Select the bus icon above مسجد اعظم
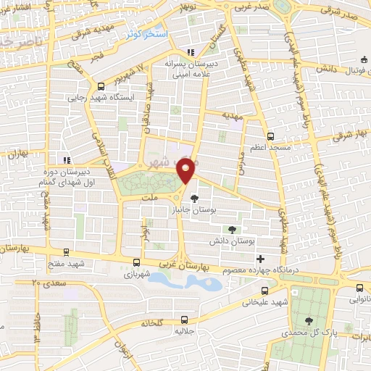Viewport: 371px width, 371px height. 270,136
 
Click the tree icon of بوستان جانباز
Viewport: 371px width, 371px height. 193,198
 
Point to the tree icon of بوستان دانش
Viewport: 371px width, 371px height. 232,229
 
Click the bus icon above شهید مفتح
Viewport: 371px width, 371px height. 67,253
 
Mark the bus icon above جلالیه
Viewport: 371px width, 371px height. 184,319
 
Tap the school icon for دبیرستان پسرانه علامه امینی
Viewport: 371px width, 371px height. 191,52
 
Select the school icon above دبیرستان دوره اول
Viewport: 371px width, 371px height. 66,159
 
